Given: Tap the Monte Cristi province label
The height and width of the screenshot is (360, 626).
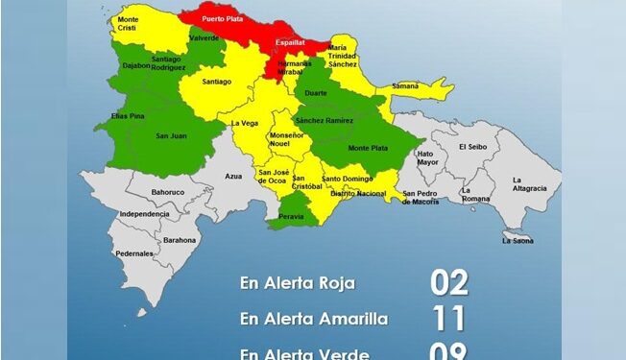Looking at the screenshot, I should tap(128, 24).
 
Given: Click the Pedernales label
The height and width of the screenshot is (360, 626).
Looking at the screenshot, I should tap(134, 253).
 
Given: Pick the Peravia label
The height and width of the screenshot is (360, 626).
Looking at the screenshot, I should tap(293, 217).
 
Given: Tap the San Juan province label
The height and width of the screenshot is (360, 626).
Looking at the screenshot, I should tap(171, 135).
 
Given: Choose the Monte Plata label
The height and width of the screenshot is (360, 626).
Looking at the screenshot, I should tap(365, 148).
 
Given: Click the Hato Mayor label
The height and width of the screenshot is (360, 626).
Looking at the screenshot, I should tap(426, 158).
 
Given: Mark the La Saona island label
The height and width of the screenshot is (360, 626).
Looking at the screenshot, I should tap(518, 240).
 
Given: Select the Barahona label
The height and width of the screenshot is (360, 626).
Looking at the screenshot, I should tap(181, 240).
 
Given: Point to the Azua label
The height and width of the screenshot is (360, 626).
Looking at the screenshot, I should tap(233, 177).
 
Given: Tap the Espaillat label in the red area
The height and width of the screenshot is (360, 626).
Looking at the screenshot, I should tap(291, 44).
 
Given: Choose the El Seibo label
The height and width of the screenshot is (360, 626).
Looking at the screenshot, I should tap(474, 147).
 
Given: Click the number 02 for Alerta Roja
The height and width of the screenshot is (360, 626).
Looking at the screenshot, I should tap(448, 283).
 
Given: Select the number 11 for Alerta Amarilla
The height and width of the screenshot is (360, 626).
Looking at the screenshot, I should tap(448, 319).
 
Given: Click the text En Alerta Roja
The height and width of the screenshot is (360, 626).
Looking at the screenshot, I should tap(298, 283).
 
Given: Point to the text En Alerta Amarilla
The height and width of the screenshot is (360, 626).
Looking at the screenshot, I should tap(314, 319).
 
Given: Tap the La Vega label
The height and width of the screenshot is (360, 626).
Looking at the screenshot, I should tap(246, 123).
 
